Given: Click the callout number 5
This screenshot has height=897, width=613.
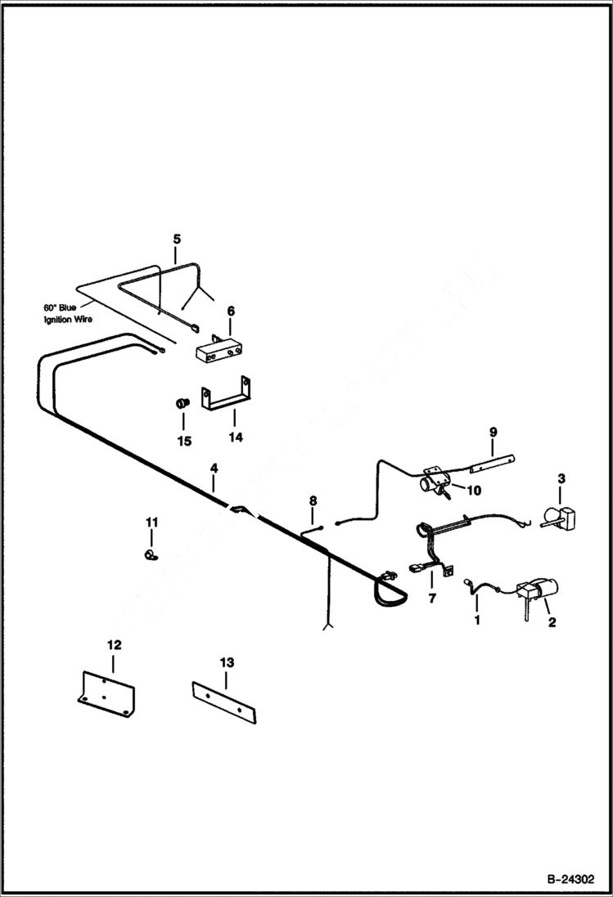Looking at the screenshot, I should coord(176,239).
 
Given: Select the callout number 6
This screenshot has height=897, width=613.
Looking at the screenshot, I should coord(231,311).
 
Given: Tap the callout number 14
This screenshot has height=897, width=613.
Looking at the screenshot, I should coord(236,437).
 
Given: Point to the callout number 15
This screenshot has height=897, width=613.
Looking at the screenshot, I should coord(184,441).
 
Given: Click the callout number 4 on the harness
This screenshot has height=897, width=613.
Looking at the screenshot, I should coord(214,468).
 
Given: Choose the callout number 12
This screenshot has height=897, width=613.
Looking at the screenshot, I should coord(114,645).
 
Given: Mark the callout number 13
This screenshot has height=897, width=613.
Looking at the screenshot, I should coord(227,662).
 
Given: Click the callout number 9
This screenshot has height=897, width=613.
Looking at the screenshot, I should coord(494,431).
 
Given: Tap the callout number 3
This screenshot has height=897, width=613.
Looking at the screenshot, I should coord(561,478).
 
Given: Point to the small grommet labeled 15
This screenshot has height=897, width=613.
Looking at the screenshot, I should coord(183,404).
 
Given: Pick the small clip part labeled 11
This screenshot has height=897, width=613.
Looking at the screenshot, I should coord(150,555).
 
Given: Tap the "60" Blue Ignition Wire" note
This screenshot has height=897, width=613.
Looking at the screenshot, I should coord(68,313).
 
